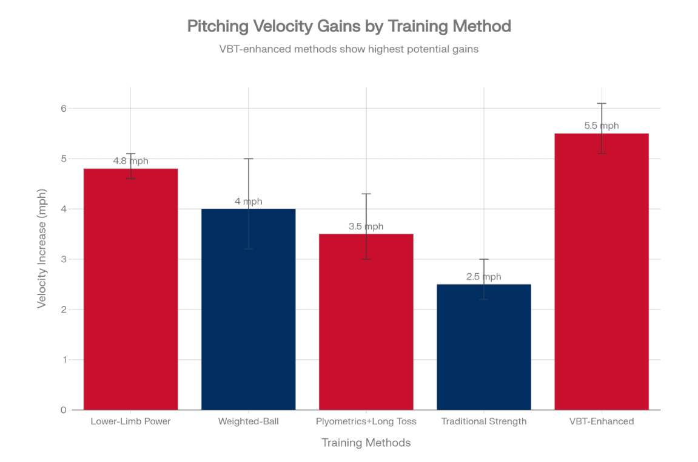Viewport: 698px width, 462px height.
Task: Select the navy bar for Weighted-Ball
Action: pyautogui.click(x=248, y=309)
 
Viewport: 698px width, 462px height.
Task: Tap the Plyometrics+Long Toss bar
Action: pyautogui.click(x=366, y=322)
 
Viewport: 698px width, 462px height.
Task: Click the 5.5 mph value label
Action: pyautogui.click(x=601, y=126)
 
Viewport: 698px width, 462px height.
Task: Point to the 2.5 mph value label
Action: pyautogui.click(x=483, y=277)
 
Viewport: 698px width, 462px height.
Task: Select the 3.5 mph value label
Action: pyautogui.click(x=366, y=226)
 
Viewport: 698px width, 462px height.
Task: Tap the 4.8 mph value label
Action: pyautogui.click(x=130, y=161)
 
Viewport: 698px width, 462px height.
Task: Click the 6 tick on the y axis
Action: pyautogui.click(x=63, y=109)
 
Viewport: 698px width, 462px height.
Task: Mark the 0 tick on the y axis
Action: pyautogui.click(x=63, y=410)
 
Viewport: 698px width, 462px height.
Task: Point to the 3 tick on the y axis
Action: pyautogui.click(x=63, y=259)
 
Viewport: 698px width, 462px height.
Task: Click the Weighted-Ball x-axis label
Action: pyautogui.click(x=248, y=421)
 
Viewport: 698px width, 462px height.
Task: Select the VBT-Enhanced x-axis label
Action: pyautogui.click(x=601, y=421)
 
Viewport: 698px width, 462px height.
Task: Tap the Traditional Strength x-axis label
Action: pyautogui.click(x=483, y=421)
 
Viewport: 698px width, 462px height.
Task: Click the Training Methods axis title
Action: pyautogui.click(x=366, y=443)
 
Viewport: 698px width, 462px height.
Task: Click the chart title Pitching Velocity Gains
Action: pyautogui.click(x=349, y=26)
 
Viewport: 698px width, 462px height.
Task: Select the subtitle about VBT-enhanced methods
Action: pyautogui.click(x=349, y=49)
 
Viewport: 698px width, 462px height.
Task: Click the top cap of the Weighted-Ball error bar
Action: pyautogui.click(x=248, y=158)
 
